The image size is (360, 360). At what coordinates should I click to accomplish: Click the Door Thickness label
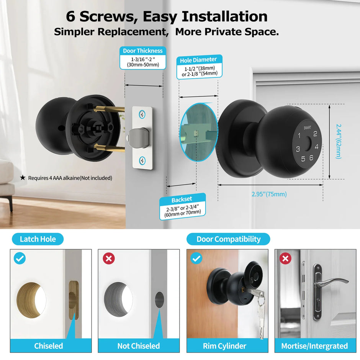(142, 51)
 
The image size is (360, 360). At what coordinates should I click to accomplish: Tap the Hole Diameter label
(198, 60)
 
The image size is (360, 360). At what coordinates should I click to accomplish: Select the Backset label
(182, 200)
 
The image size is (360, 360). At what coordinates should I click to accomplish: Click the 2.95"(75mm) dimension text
(269, 194)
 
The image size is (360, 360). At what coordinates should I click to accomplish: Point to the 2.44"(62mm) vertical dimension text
(339, 141)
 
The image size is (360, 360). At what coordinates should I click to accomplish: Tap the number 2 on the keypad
(315, 134)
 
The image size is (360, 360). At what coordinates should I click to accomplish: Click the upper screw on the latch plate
(142, 114)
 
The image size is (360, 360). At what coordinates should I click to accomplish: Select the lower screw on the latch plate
(142, 161)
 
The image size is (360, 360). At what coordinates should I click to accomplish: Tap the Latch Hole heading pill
(38, 239)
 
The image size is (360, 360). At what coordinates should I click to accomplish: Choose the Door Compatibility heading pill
(228, 239)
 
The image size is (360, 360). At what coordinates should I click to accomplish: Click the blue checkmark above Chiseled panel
(20, 259)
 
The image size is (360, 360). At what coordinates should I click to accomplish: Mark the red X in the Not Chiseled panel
(109, 259)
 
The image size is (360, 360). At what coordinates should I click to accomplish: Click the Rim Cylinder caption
(224, 346)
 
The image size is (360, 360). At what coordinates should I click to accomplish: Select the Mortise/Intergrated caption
(314, 346)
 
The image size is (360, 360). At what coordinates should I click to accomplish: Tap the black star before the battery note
(23, 178)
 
